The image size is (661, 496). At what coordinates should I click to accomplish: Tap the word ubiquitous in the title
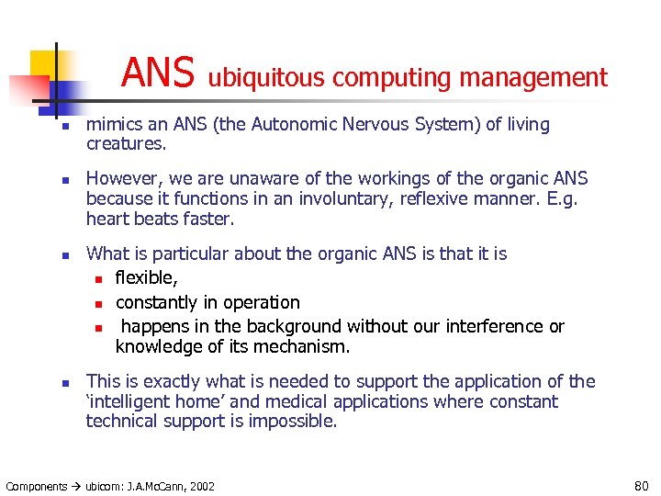point(266,78)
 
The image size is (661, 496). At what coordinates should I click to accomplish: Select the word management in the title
point(533,78)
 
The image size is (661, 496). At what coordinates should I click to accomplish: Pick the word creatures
point(122,144)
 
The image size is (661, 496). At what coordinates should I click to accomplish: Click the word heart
point(106,219)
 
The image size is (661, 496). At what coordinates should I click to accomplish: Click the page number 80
point(641,485)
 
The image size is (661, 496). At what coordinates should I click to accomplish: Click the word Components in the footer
point(37,486)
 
